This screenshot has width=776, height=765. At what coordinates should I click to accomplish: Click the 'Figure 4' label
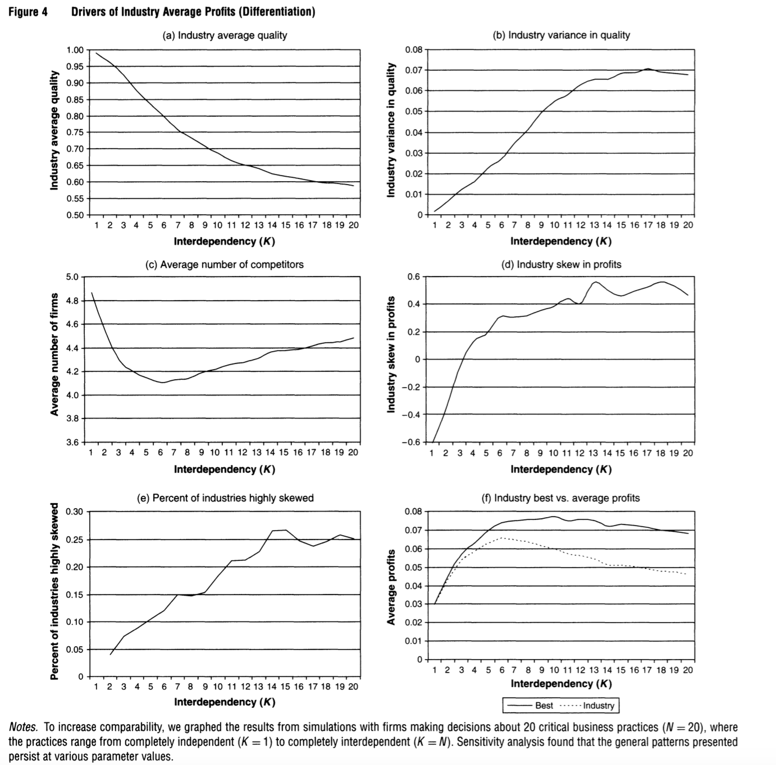(28, 12)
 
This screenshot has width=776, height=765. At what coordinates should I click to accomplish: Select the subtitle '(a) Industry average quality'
(225, 35)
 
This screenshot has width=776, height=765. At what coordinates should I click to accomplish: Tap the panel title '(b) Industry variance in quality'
(561, 35)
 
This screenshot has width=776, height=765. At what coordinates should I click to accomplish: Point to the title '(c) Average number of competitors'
(225, 265)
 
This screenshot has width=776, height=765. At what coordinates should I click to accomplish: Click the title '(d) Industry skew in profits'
(561, 265)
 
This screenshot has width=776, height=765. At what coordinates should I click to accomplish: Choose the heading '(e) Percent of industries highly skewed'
(225, 498)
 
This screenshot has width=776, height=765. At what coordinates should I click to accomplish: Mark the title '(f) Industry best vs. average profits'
(561, 498)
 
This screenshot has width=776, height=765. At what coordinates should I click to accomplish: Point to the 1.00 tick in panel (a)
(75, 50)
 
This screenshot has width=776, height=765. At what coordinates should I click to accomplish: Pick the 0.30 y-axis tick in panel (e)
(75, 511)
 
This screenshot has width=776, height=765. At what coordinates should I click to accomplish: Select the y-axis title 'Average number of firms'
(54, 354)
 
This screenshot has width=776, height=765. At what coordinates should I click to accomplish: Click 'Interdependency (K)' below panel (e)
(225, 702)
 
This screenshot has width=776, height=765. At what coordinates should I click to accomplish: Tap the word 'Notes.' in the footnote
(23, 727)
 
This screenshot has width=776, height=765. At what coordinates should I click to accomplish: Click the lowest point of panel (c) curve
(162, 382)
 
